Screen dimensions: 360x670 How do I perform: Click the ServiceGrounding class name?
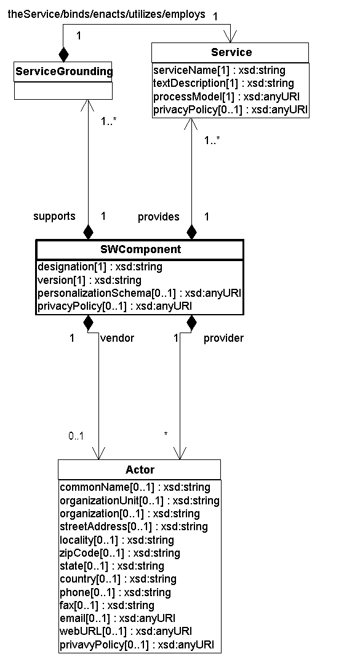(63, 71)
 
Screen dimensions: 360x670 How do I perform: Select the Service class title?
(231, 52)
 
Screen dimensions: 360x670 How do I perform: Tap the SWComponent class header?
(140, 249)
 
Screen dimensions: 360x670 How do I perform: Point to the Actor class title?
(140, 470)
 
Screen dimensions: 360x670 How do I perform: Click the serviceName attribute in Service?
(220, 70)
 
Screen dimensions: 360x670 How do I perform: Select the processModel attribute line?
(226, 96)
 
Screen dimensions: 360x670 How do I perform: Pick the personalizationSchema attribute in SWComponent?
(140, 293)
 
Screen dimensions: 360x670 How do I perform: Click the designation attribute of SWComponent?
(100, 267)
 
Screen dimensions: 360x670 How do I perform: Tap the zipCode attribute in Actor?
(120, 553)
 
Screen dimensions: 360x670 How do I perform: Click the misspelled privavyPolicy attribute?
(137, 644)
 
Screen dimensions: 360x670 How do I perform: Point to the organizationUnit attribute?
(140, 501)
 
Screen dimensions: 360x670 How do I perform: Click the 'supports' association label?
(54, 216)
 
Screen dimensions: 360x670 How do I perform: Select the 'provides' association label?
(158, 217)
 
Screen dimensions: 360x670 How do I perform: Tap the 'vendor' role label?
(117, 338)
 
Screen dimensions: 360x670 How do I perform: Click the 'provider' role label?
(224, 338)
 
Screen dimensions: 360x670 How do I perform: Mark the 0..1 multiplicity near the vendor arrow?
(76, 436)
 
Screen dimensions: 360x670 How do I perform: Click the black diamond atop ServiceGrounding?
(63, 55)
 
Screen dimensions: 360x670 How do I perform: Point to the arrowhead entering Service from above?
(231, 37)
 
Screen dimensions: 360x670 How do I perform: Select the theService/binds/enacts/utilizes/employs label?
(106, 14)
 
